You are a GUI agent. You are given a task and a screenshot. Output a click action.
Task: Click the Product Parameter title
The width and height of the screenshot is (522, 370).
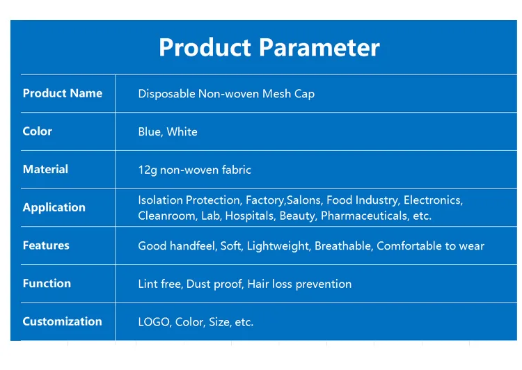coord(269,47)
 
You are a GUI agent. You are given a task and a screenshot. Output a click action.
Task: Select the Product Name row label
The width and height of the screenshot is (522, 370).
coord(62,93)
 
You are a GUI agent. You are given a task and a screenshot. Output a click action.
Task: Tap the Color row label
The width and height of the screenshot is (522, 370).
coord(37,131)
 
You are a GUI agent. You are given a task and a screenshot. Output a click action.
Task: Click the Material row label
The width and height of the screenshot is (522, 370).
coord(45,169)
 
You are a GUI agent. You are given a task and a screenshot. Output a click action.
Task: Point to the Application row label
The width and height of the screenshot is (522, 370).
coord(54,207)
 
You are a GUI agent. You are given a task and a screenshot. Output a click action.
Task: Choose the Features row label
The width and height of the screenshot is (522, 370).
coord(46,246)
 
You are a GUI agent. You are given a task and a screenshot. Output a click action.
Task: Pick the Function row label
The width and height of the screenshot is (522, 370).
coord(47,283)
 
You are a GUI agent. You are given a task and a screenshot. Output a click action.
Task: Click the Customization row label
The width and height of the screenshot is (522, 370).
coord(62,321)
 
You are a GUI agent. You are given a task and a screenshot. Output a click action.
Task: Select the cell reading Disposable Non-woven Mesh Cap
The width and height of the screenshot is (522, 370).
coord(226,94)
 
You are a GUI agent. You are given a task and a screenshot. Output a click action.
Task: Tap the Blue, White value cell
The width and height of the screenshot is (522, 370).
coord(168,131)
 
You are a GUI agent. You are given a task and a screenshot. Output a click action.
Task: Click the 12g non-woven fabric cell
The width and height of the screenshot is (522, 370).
coord(194,170)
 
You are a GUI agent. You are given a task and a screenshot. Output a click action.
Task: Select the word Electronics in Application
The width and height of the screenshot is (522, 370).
coord(432,200)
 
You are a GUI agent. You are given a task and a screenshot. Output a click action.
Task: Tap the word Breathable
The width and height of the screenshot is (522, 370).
coord(345,246)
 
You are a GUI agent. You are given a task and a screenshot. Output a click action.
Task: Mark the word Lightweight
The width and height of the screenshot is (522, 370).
coord(278,246)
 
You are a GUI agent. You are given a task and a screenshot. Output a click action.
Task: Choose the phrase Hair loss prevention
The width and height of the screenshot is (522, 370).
coord(299,284)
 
